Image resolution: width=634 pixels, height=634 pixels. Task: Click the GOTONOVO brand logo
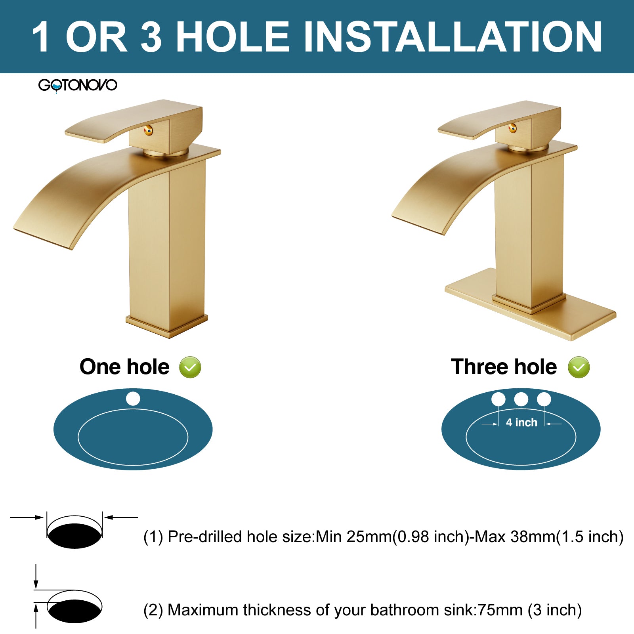78,85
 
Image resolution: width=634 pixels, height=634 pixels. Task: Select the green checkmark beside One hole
190,367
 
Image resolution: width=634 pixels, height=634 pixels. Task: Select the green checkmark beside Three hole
579,367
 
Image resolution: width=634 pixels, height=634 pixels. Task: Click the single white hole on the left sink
133,399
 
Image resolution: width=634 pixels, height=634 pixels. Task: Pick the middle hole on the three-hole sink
521,399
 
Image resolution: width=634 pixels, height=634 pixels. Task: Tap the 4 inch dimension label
521,422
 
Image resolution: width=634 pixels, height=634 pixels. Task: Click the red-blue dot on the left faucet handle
148,130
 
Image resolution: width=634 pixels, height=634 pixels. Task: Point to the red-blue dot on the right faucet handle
513,128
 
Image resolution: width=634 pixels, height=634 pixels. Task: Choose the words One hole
124,367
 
